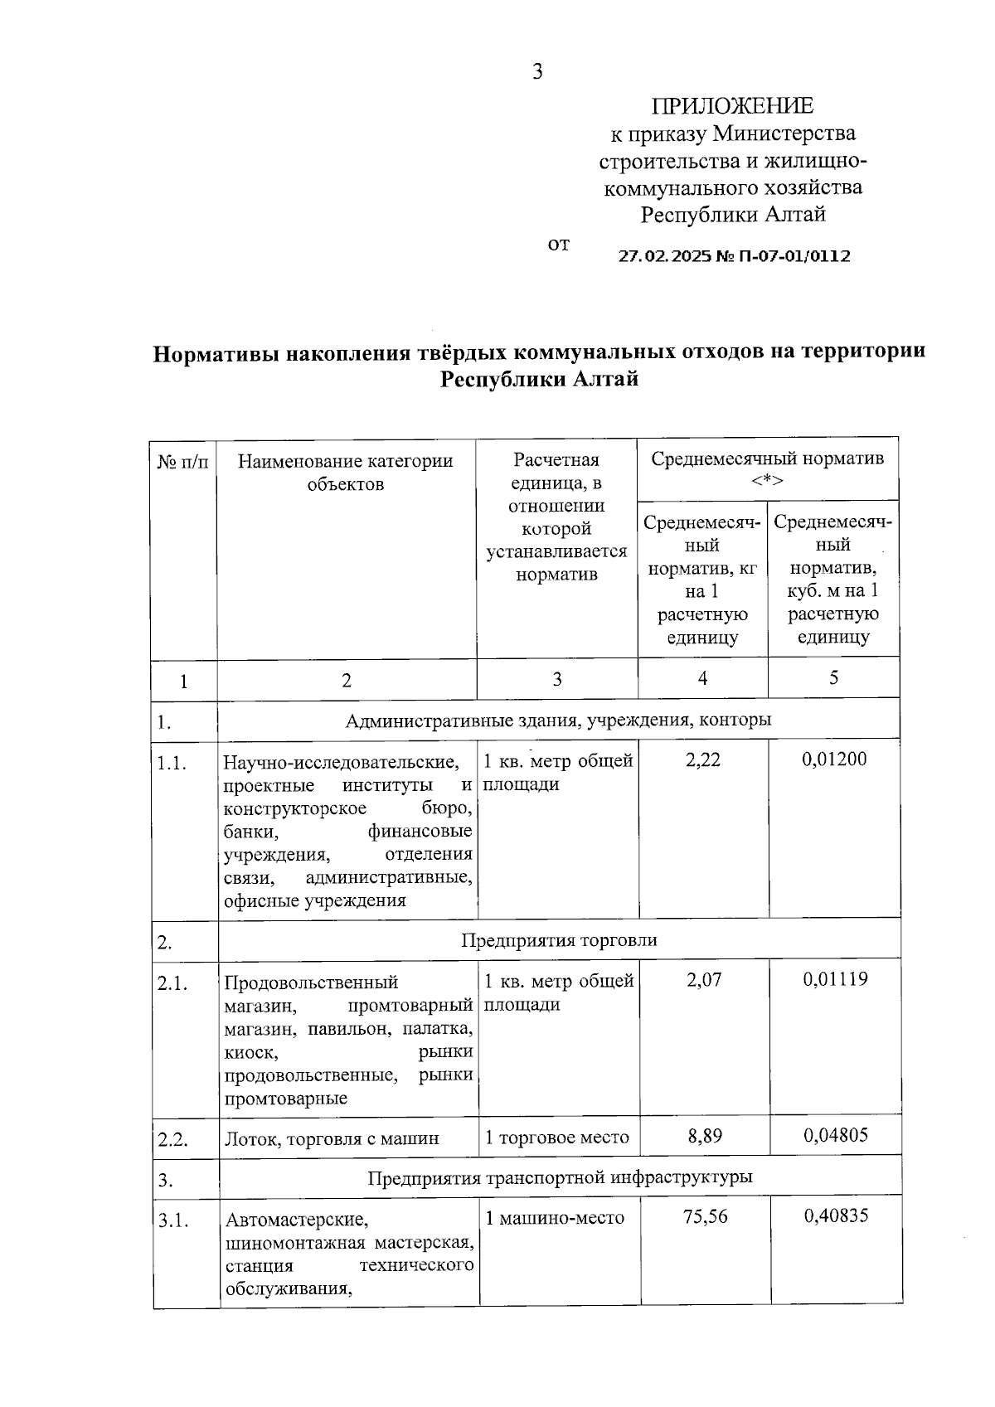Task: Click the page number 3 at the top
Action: (537, 72)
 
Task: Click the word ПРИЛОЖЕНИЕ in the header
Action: (732, 106)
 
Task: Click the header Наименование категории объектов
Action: (346, 472)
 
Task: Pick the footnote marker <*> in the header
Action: (767, 481)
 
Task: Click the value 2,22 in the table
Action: (703, 759)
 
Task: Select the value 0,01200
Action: (834, 759)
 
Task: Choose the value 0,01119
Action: (835, 979)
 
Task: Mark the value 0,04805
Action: (836, 1134)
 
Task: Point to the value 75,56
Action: (705, 1216)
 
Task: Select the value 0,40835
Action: (837, 1215)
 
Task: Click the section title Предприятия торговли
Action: (559, 940)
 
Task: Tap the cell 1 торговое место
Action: (557, 1137)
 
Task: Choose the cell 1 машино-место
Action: (555, 1218)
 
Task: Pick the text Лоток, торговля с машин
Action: (332, 1138)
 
